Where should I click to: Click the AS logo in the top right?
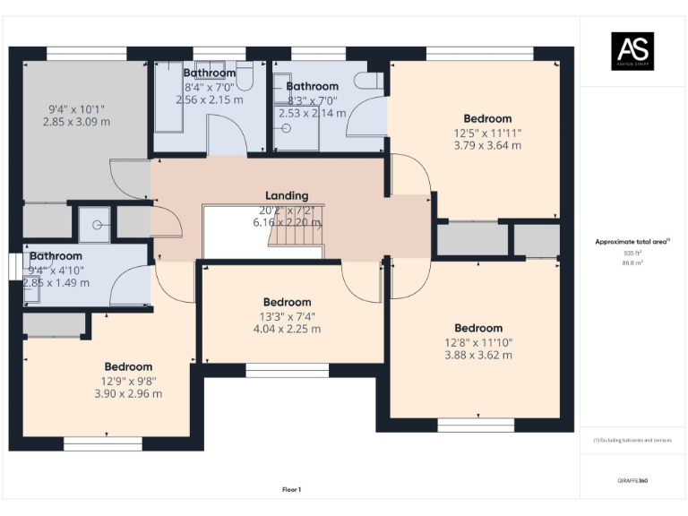coord(632,50)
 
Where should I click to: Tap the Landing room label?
coord(287,195)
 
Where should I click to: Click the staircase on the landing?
coord(297,234)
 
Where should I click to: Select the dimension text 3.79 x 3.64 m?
coord(487,145)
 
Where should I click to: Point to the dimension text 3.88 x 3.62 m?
coord(478,355)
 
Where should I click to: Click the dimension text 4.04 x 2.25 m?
coord(287,329)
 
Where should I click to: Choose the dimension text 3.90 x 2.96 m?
coord(128,393)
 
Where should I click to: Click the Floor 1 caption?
coord(291,489)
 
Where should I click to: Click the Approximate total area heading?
coord(631,242)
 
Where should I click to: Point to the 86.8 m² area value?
coord(632,263)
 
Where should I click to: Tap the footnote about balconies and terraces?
coord(632,441)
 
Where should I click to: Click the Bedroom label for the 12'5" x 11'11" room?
coord(487,118)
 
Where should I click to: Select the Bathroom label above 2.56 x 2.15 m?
coord(210,73)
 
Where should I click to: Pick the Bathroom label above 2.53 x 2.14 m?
coord(312,87)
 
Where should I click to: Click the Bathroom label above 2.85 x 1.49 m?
coord(56,256)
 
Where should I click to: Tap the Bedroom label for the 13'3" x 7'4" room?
coord(287,302)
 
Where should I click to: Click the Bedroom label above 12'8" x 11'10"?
coord(478,328)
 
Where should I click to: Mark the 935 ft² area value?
coord(632,254)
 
